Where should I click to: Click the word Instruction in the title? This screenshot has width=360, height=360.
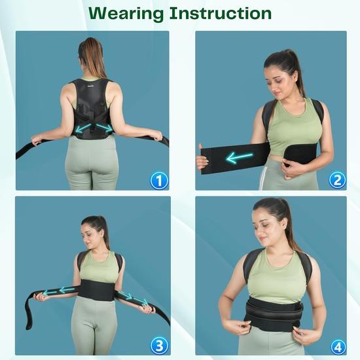(223, 13)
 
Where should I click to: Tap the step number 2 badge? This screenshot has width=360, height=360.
(338, 180)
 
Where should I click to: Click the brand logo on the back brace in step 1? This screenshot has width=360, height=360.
(92, 83)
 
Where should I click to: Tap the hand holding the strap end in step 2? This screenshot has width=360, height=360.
(202, 161)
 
